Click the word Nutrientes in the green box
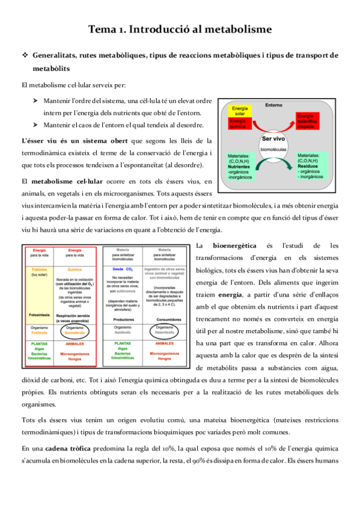coord(235,167)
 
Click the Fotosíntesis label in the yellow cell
coord(39,313)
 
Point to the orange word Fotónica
coord(39,269)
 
